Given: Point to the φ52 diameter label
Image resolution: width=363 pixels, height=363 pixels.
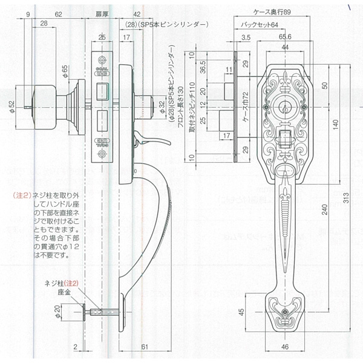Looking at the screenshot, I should pos(12,106).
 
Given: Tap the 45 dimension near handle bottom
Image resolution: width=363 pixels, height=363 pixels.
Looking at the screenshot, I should pos(243,313).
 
